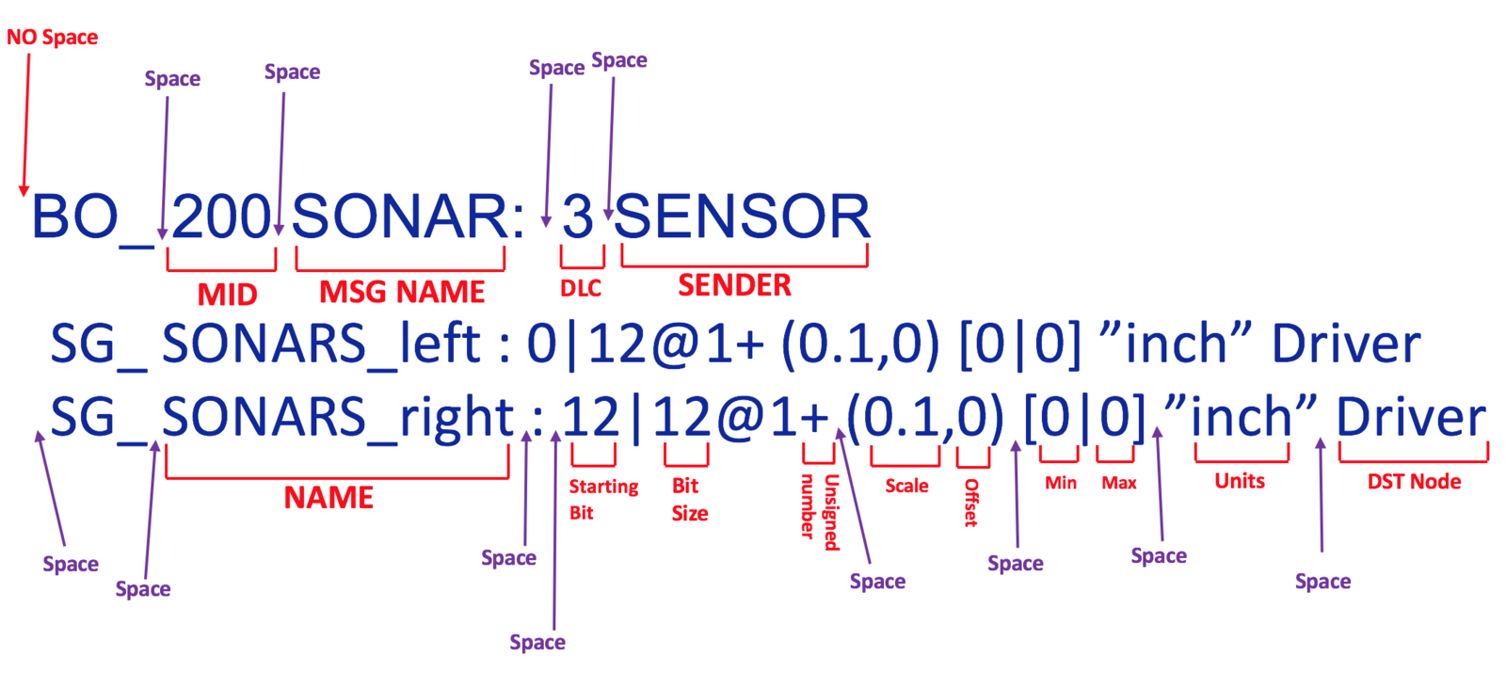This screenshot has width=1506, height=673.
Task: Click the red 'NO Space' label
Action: [x=53, y=37]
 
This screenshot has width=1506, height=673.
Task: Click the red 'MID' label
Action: [x=227, y=295]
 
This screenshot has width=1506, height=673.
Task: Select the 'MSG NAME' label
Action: [x=402, y=292]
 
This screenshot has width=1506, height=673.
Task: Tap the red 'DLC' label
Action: [x=581, y=288]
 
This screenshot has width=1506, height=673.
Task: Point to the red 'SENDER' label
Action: [x=734, y=285]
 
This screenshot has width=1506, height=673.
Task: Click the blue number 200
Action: [x=220, y=216]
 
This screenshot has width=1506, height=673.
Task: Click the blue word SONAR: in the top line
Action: [x=408, y=216]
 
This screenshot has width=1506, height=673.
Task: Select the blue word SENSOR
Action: [x=743, y=216]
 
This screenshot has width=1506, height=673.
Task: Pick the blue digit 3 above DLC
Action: [x=578, y=216]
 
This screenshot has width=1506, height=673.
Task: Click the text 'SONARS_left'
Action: [x=321, y=345]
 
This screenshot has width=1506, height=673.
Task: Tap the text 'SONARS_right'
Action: [x=338, y=418]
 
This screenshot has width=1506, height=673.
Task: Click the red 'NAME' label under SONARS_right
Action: [x=328, y=498]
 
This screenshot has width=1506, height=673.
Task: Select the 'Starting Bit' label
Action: [x=603, y=500]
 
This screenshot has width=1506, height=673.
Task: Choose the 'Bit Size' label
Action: [x=689, y=500]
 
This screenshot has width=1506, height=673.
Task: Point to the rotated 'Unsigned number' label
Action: [x=820, y=512]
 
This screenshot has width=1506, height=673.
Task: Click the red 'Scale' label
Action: [x=906, y=486]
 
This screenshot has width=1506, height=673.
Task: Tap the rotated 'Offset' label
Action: [x=970, y=503]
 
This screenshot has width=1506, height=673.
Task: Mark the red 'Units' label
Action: [x=1239, y=481]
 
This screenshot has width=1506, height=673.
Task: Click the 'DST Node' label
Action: [x=1414, y=481]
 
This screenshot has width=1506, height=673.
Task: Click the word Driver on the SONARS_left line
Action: [x=1346, y=345]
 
